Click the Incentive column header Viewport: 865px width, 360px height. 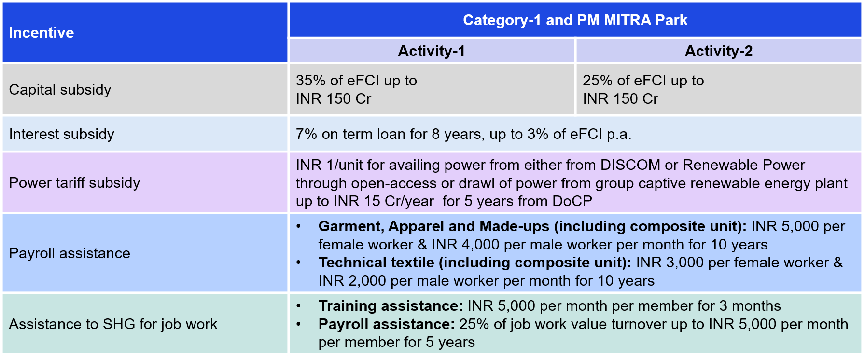42,32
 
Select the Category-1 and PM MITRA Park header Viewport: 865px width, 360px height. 575,20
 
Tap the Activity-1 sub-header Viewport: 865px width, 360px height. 432,51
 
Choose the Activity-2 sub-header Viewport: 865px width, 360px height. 719,51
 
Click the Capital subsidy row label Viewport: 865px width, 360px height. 60,90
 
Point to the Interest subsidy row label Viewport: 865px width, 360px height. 62,134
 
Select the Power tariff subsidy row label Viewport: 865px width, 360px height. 74,183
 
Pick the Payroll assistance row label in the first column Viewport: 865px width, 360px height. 70,253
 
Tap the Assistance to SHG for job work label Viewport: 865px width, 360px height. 113,324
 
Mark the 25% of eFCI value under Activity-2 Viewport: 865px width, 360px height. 623,80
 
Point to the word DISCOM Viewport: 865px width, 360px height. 630,165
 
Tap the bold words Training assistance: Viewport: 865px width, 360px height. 391,306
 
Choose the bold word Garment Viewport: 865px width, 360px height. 351,226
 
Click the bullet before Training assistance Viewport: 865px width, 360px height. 299,306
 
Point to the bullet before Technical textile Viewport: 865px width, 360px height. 299,263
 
